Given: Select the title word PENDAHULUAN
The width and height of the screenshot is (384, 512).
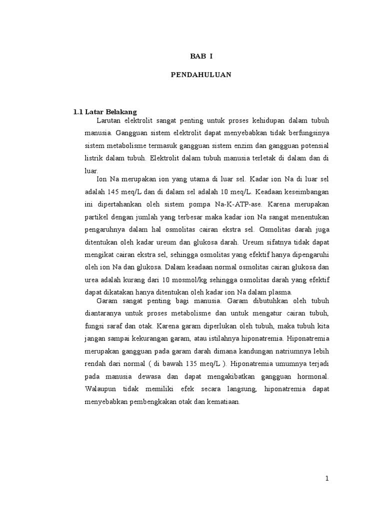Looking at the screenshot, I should (201, 75).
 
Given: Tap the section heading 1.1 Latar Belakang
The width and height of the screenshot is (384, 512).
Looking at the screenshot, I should (105, 111).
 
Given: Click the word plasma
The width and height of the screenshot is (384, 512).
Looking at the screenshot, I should (279, 292).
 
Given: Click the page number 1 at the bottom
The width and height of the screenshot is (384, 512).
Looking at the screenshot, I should (327, 478).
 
